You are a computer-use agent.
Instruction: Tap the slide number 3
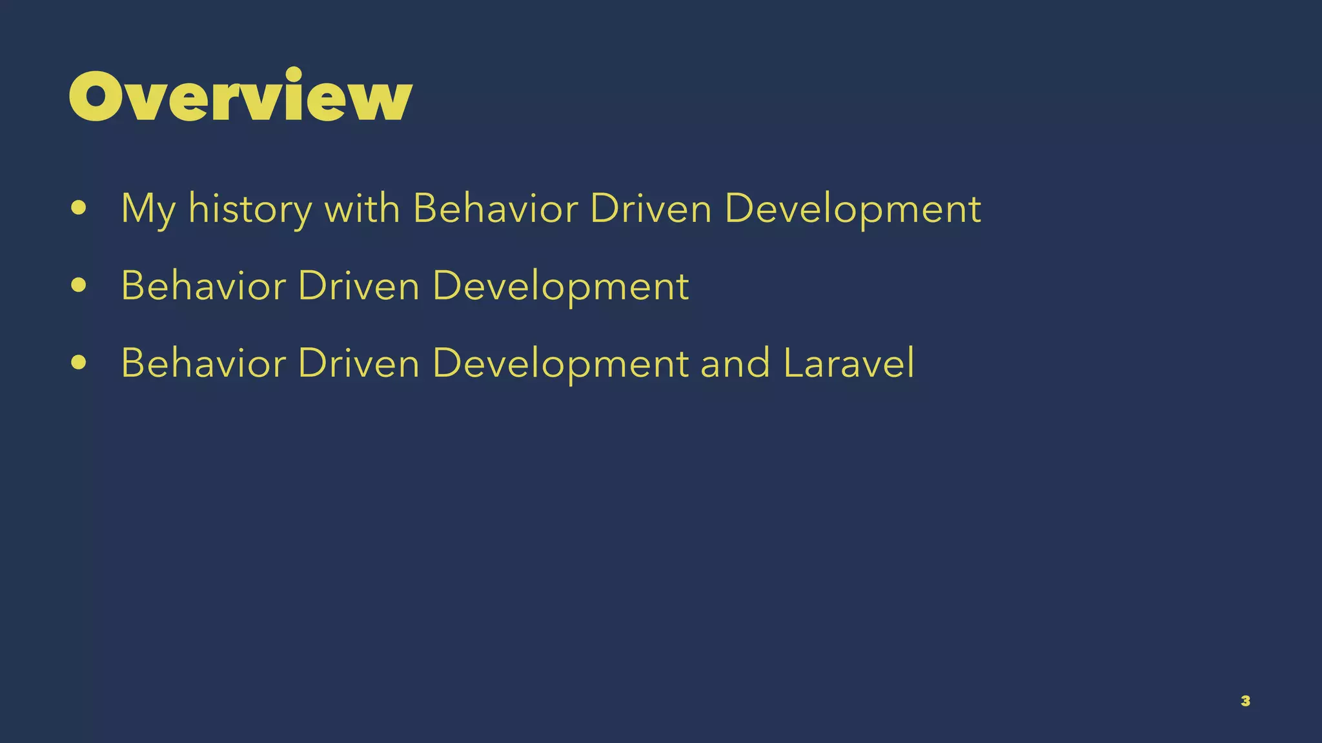1245,701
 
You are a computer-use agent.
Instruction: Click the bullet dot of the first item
79,208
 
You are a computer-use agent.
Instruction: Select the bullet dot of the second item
79,286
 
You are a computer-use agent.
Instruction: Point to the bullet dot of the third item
79,363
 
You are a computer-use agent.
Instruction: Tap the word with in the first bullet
361,208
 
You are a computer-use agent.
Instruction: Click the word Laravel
848,363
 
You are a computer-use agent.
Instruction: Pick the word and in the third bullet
735,363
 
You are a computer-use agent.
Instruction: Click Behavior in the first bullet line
495,208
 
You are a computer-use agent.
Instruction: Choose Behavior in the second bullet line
203,286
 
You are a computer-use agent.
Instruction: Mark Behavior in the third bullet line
203,363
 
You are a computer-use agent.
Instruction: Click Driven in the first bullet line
651,208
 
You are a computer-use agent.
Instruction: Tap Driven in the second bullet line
359,286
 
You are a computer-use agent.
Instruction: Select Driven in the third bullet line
359,363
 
